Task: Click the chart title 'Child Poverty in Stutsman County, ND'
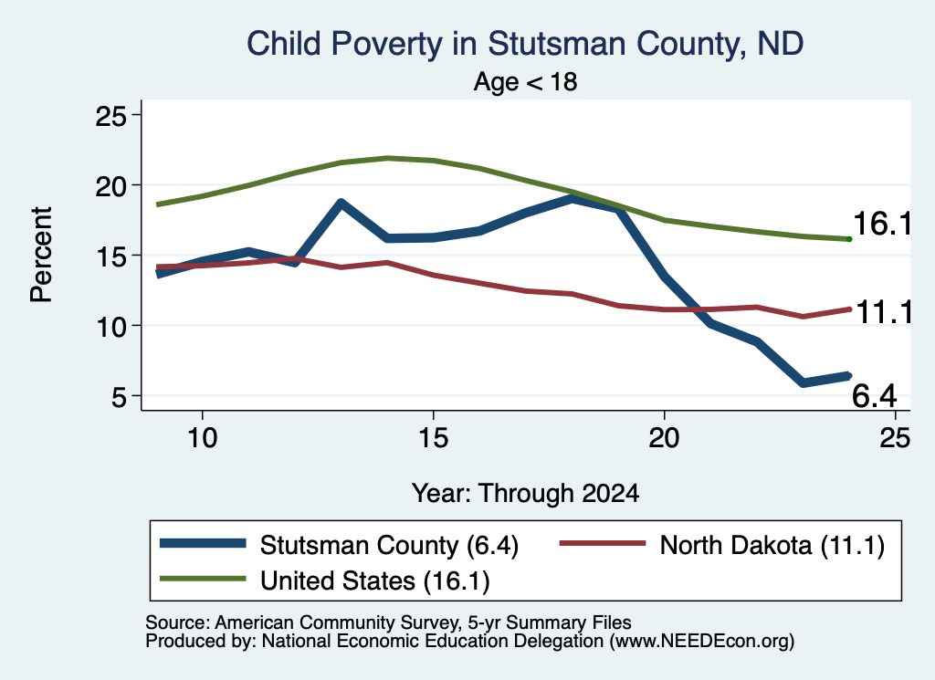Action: click(525, 44)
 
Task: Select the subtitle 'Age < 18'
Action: click(525, 81)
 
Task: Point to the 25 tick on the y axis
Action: click(111, 115)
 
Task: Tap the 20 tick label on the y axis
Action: click(111, 185)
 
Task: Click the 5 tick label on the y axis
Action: click(120, 396)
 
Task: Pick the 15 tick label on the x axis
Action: click(433, 438)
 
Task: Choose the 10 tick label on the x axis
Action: click(202, 438)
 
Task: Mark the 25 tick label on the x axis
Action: click(895, 438)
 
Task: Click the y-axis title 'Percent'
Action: click(42, 255)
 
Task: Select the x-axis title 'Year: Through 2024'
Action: click(525, 494)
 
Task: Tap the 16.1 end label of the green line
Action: click(882, 224)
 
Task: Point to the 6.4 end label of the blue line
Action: click(874, 396)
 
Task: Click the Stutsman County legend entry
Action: click(340, 545)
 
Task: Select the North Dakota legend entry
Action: click(722, 545)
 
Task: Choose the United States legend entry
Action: click(325, 581)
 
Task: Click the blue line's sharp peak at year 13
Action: click(341, 203)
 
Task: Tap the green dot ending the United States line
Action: click(849, 239)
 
